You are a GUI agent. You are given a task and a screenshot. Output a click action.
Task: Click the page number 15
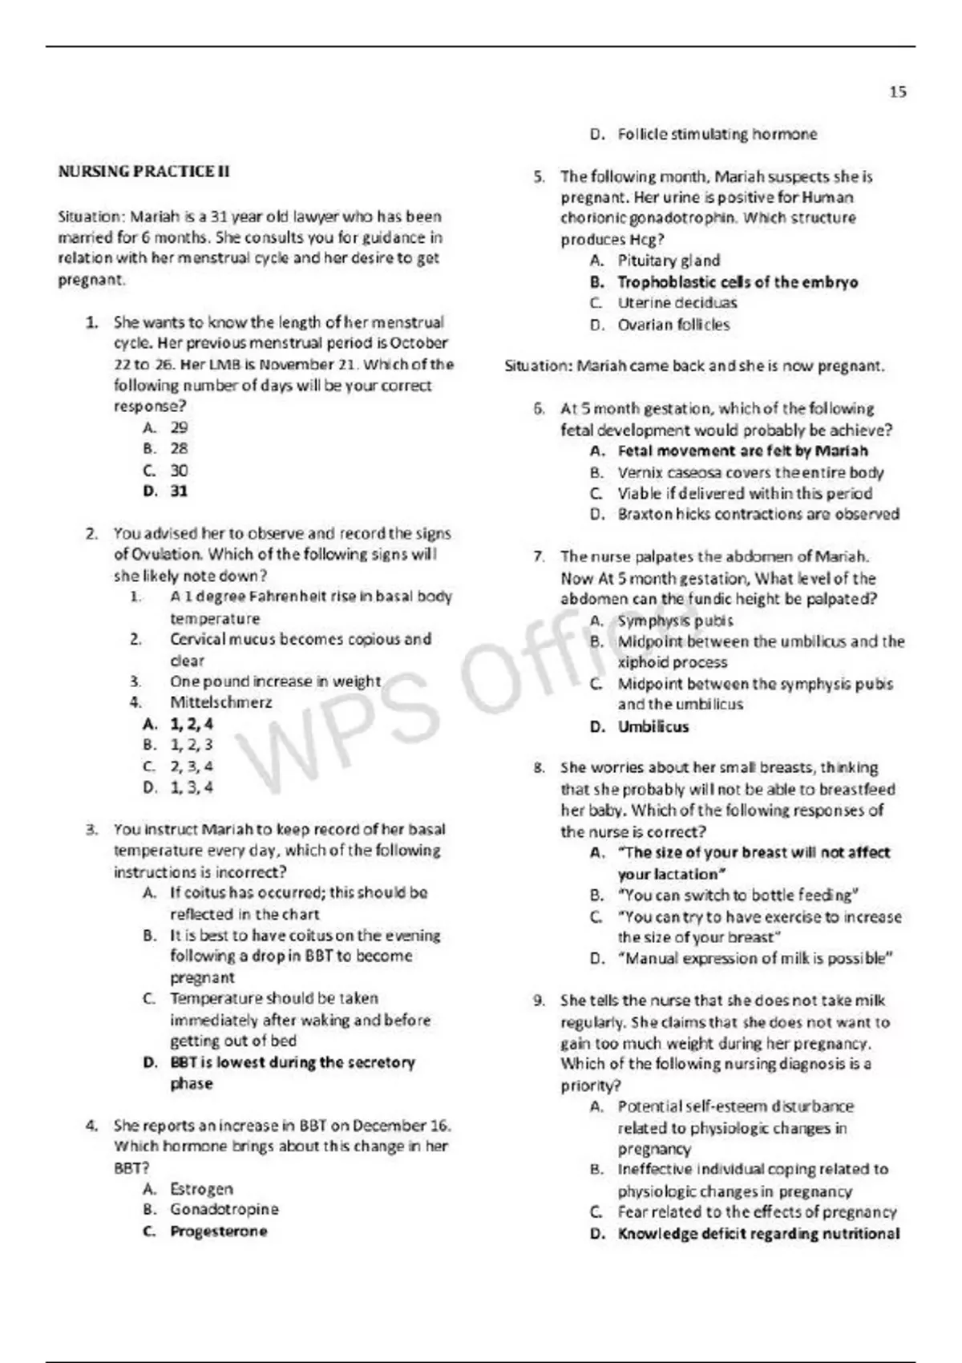tap(898, 92)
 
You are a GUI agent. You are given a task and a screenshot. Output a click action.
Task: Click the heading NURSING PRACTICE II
tap(143, 172)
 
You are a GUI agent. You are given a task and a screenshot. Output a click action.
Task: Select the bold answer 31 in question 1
tap(179, 491)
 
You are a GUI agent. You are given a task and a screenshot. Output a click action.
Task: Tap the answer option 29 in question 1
tap(179, 427)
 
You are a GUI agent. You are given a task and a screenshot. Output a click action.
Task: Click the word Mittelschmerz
tap(220, 702)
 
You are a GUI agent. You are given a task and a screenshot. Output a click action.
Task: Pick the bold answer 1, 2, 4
tap(192, 724)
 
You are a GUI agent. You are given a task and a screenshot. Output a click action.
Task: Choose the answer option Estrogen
tap(201, 1188)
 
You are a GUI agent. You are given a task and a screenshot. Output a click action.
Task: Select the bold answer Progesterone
tap(218, 1231)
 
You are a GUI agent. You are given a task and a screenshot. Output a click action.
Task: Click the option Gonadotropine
tap(224, 1209)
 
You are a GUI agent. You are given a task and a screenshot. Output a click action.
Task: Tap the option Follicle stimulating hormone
tap(717, 134)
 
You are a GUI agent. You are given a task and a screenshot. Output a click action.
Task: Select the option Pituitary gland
tap(669, 261)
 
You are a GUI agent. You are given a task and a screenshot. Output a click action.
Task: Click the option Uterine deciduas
tap(677, 303)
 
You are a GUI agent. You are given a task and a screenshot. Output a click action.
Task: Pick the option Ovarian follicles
tap(673, 325)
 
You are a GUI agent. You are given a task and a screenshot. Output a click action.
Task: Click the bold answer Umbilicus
tap(653, 727)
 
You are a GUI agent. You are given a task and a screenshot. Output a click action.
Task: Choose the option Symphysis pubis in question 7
tap(675, 621)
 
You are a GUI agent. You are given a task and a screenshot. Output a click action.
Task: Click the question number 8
tap(540, 768)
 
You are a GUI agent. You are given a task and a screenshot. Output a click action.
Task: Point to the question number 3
tap(92, 829)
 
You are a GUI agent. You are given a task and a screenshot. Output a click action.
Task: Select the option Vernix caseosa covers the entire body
tap(750, 472)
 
